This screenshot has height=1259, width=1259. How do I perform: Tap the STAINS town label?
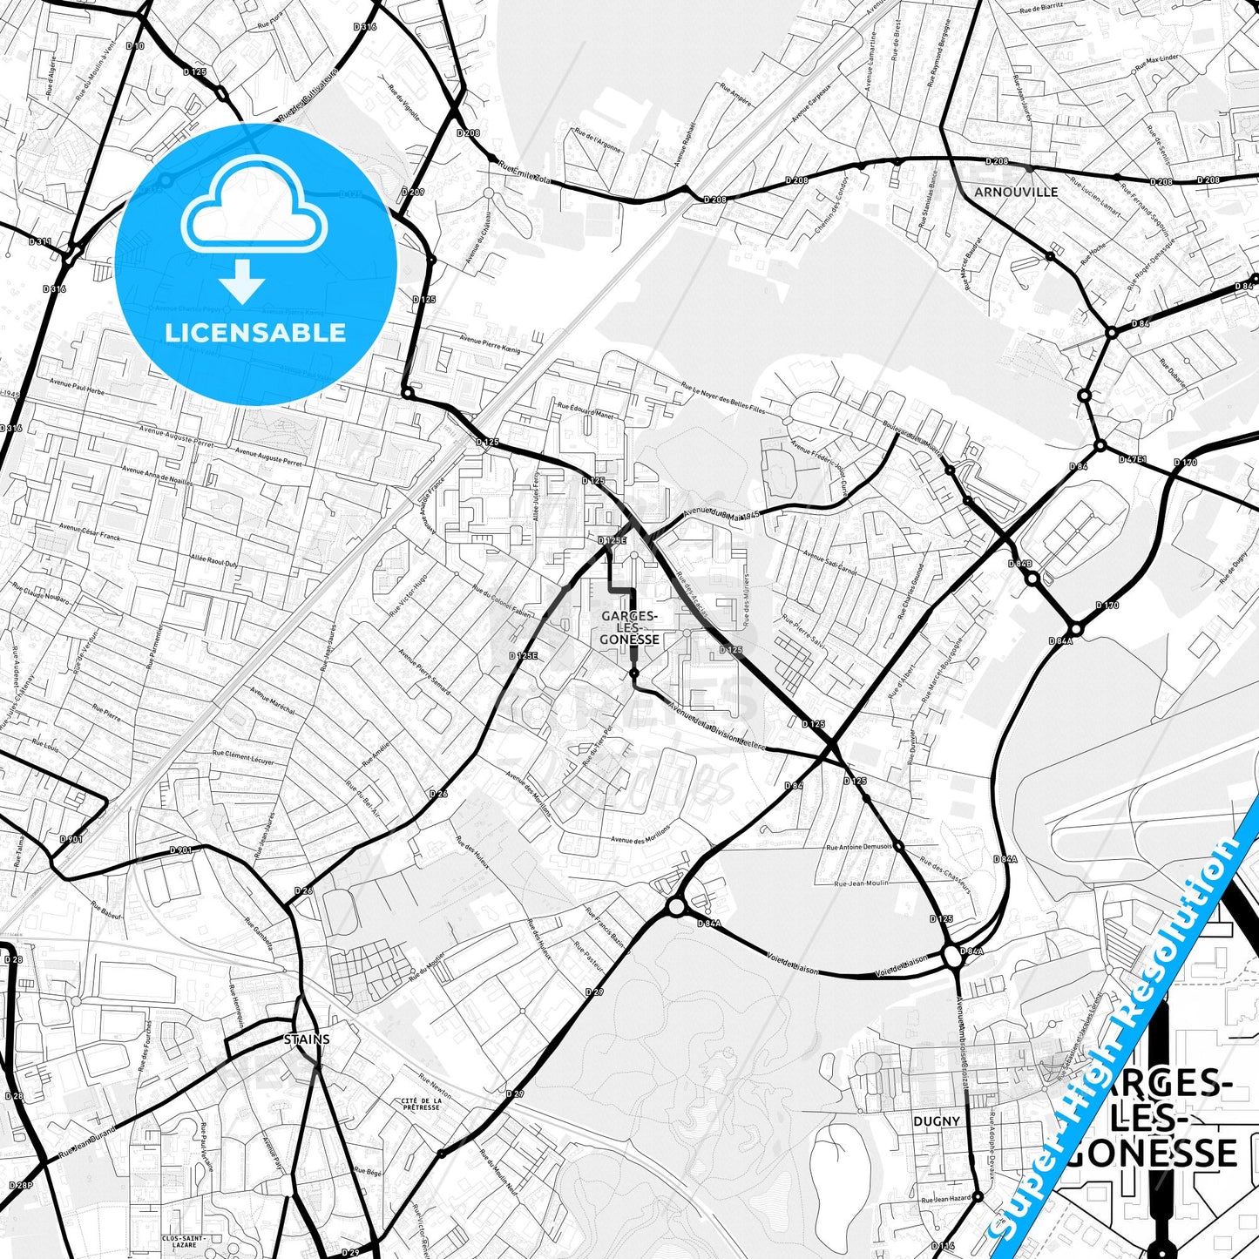pos(307,1039)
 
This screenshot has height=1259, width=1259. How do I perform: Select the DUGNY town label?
pos(937,1121)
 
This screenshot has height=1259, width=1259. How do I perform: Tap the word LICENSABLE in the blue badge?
pos(255,333)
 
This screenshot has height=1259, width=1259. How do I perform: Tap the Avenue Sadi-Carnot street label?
pos(830,567)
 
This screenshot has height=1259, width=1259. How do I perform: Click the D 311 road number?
pos(40,241)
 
